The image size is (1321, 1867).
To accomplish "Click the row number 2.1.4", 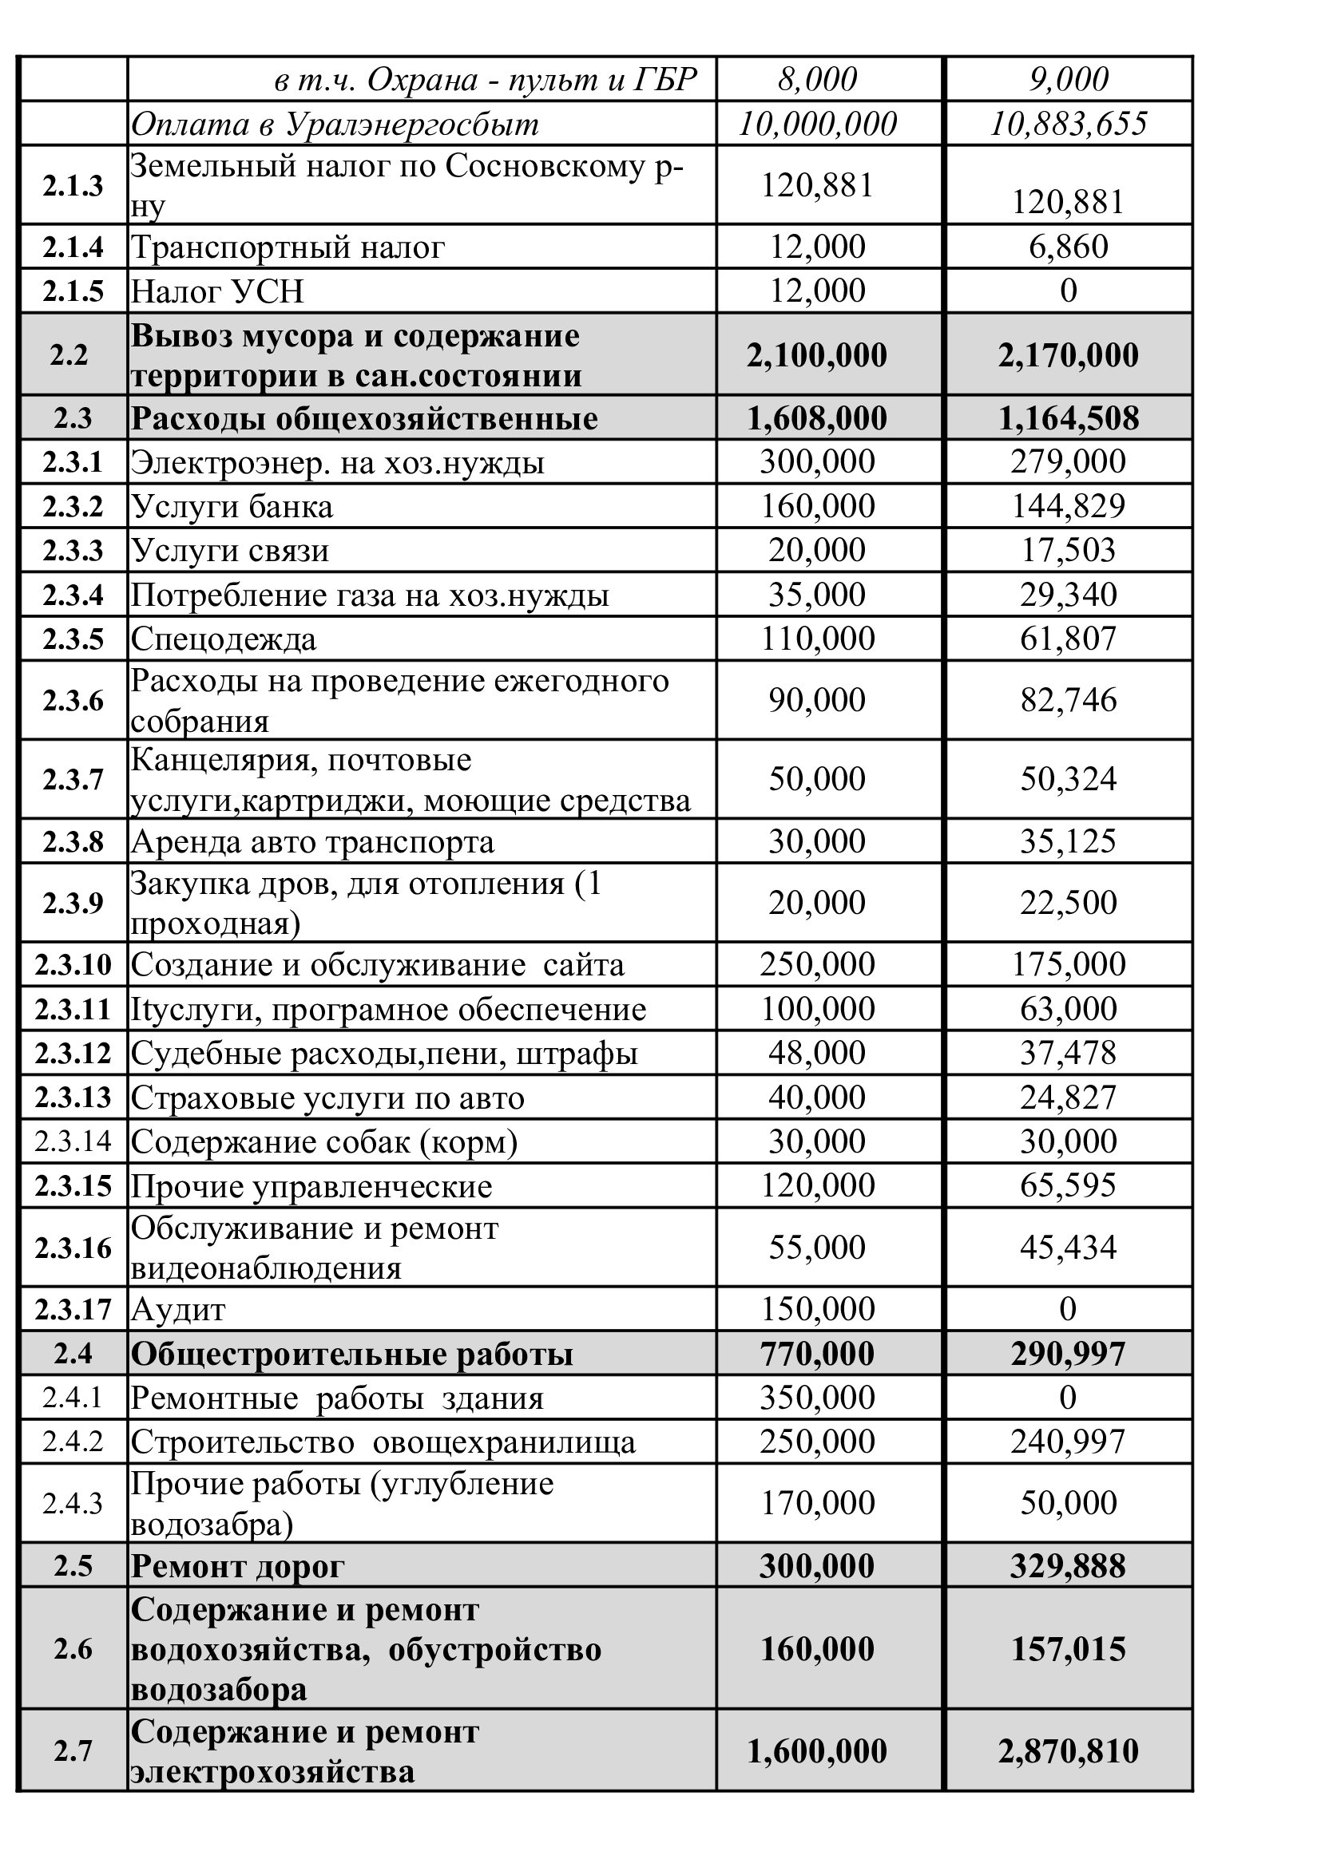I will pos(73,247).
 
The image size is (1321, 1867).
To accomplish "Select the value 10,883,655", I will pos(1068,124).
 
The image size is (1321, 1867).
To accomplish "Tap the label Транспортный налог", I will pos(288,247).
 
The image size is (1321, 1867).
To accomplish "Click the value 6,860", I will pos(1068,247).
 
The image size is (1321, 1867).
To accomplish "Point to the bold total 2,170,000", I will pos(1068,355).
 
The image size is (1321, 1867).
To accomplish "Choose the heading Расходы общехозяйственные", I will pos(364,419).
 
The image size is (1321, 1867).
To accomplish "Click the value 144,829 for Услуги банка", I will pos(1068,507).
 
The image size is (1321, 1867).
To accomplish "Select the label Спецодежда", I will pos(224,639).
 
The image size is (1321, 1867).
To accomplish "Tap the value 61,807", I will pos(1068,639).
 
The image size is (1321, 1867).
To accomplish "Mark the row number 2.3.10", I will pos(73,965).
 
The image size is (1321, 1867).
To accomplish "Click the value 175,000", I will pos(1068,964).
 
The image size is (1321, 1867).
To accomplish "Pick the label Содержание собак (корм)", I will pos(323,1141).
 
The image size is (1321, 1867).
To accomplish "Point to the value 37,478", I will pos(1068,1053).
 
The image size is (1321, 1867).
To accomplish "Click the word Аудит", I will pos(178,1310).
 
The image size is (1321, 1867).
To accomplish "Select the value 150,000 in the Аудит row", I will pos(817,1309).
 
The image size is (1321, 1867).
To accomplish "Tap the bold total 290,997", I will pos(1068,1354).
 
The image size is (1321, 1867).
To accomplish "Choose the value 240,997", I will pos(1068,1442).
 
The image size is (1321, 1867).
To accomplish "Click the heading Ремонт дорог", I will pos(237,1567).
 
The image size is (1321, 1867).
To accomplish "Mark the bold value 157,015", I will pos(1068,1649).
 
